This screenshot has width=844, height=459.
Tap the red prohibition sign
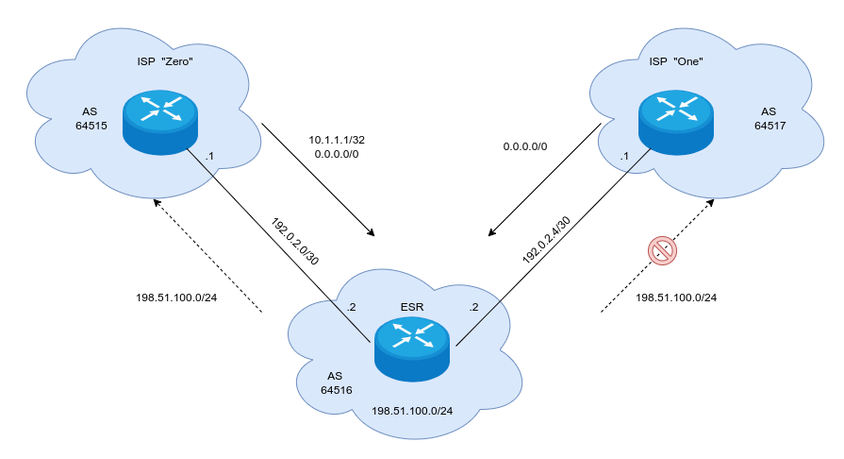coord(662,250)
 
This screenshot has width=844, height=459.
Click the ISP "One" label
coord(676,62)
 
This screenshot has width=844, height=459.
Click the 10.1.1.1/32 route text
coord(337,140)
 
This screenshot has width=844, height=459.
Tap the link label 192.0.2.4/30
coord(546,239)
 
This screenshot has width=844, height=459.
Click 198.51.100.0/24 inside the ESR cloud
coord(412,411)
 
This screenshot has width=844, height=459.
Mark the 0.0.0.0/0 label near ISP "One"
coord(525,147)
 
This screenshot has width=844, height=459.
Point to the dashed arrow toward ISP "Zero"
coord(207,255)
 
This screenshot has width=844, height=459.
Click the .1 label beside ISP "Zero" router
coord(209,156)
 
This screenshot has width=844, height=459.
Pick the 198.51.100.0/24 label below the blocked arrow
coord(676,297)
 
